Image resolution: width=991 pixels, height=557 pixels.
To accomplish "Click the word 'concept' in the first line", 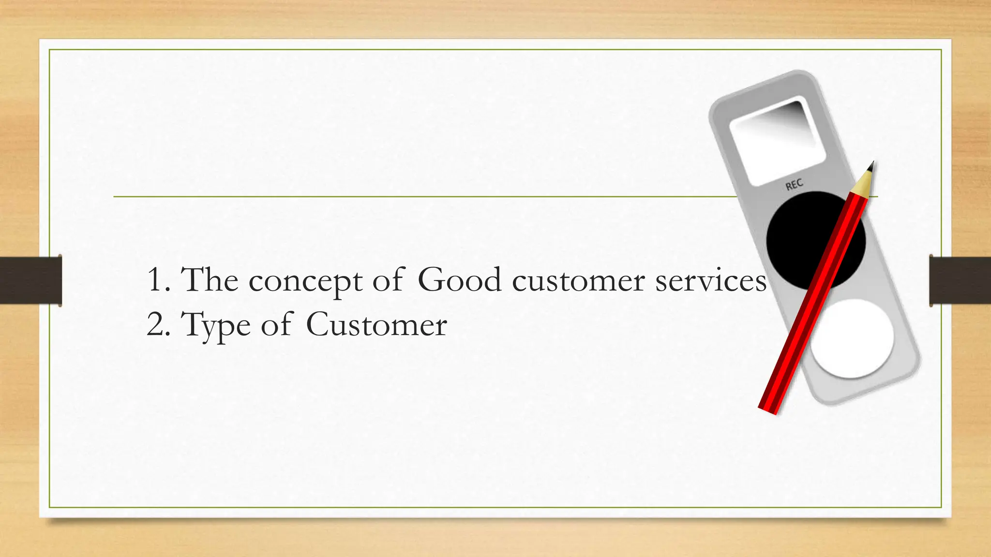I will tap(305, 281).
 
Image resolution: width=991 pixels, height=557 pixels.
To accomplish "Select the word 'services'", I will tap(711, 280).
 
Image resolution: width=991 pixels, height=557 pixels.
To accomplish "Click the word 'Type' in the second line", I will tap(216, 325).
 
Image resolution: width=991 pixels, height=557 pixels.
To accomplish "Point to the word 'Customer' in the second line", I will tap(376, 324).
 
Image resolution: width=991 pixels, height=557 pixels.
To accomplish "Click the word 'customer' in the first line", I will tap(578, 281).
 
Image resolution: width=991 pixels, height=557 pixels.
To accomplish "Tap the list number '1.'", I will tap(158, 280).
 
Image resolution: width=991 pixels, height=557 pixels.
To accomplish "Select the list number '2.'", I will tap(158, 324).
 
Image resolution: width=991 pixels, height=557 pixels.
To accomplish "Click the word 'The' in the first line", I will tap(210, 280).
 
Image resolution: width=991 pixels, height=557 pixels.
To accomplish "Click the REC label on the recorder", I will tap(794, 184).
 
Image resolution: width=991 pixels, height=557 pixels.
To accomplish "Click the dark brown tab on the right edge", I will tap(960, 280).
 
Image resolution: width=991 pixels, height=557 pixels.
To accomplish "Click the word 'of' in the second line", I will tap(277, 324).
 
